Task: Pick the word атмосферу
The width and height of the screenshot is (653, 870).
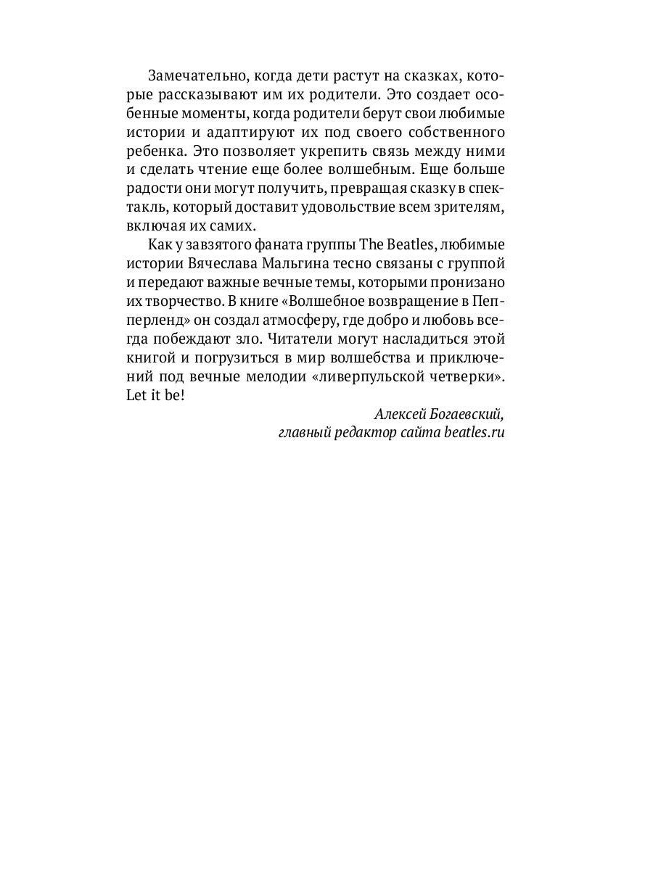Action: click(319, 322)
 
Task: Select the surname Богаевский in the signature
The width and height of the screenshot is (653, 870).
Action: click(466, 415)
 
